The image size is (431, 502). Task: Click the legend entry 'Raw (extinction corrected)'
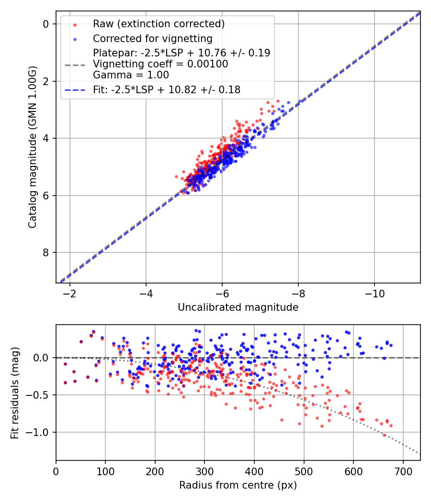click(x=159, y=24)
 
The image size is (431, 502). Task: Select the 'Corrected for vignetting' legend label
click(x=152, y=38)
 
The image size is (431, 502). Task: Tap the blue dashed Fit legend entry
click(x=167, y=89)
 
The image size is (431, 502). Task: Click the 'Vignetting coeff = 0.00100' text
click(x=160, y=64)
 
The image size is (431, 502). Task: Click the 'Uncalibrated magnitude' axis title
click(x=238, y=307)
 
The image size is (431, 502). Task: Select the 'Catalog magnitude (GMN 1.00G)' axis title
click(x=33, y=147)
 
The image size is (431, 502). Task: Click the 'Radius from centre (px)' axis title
click(x=238, y=485)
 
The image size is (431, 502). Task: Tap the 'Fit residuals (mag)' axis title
click(x=15, y=393)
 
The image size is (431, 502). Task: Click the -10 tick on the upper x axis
click(x=374, y=293)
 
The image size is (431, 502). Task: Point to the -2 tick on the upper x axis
click(x=70, y=293)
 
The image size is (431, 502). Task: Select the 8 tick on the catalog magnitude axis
click(x=47, y=252)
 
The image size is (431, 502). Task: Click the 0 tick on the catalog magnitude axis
click(x=47, y=24)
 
